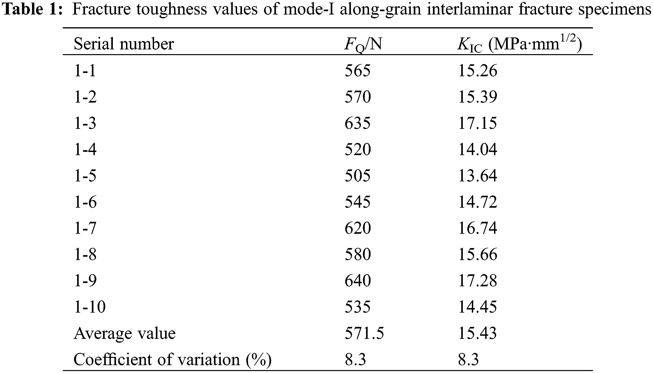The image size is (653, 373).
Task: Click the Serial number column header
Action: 124,44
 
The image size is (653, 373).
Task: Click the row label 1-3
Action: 85,123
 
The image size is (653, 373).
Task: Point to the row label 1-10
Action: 90,307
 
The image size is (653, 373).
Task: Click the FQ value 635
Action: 357,123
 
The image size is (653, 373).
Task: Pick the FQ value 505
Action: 357,176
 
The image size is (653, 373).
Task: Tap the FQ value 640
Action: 358,280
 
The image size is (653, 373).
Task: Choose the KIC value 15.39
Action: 477,97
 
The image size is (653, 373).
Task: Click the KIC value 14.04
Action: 477,149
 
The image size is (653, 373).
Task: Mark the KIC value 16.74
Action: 477,228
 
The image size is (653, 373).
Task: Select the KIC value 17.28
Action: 477,280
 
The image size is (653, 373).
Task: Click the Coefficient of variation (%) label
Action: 172,359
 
